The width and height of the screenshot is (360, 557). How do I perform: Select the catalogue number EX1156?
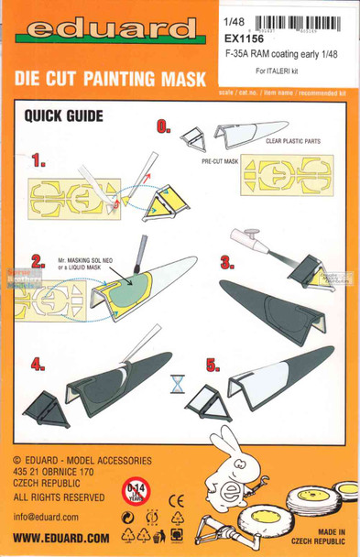coord(243,40)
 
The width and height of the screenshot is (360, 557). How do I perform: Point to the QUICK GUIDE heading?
coord(63,116)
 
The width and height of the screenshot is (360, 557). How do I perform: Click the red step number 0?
coord(164,128)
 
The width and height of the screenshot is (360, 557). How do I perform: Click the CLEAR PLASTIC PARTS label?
coord(297,142)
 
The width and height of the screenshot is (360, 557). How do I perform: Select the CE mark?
coord(178,500)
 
